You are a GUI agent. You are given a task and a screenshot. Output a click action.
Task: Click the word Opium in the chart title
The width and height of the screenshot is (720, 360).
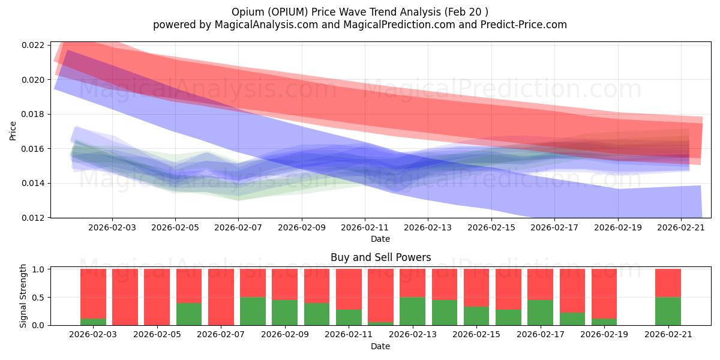point(244,12)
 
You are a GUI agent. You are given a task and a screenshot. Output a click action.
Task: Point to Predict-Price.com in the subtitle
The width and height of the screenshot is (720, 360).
point(526,25)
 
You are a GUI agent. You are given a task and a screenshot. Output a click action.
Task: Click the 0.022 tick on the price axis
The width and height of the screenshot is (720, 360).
point(34,46)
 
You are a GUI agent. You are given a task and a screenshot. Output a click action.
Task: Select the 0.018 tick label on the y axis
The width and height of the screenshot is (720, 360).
point(34,115)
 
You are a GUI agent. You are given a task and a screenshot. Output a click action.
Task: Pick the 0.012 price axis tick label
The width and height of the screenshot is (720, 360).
point(34,218)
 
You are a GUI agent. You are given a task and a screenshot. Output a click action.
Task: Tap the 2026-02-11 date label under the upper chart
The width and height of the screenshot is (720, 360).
point(364,228)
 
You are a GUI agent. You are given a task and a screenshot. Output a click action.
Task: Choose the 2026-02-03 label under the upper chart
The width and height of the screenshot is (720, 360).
point(112,228)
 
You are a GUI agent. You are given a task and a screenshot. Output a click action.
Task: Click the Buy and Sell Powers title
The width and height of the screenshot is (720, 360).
point(380,257)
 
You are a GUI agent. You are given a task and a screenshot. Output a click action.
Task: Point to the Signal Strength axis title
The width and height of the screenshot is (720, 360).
point(23,296)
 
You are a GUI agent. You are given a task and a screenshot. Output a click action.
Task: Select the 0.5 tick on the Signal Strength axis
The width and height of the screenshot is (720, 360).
point(38,298)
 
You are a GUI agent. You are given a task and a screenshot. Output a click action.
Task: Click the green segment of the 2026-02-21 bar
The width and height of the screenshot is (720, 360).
point(668,311)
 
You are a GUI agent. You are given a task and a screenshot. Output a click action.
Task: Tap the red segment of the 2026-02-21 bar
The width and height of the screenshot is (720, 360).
point(668,283)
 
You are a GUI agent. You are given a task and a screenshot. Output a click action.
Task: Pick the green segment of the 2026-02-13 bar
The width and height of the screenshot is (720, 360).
point(412,311)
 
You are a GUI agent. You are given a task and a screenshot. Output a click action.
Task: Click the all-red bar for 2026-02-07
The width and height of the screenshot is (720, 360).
point(221,297)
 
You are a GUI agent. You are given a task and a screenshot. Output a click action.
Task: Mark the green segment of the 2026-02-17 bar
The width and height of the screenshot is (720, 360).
point(540,313)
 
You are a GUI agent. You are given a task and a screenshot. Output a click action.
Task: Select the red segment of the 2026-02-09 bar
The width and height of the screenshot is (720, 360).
point(284,284)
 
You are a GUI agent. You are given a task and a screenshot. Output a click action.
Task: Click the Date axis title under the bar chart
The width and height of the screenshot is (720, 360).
point(380,346)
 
